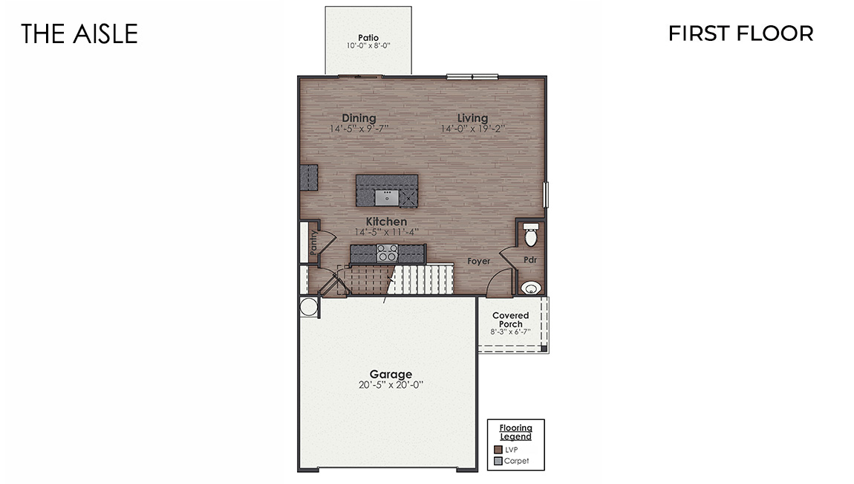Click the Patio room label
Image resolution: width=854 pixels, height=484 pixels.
(368, 37)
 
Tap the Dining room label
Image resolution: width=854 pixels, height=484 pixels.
(359, 118)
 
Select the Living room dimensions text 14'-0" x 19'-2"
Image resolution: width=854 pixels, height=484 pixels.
(473, 129)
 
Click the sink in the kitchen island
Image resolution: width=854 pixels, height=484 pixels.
(387, 196)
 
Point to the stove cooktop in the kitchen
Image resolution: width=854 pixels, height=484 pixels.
(386, 254)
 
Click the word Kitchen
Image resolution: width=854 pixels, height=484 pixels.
(386, 222)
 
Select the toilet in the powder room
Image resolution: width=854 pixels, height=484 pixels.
(530, 236)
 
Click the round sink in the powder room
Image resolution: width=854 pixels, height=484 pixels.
(530, 288)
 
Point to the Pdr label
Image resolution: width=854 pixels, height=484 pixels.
(530, 260)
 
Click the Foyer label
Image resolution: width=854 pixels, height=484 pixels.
(478, 261)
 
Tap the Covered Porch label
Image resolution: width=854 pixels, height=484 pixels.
(511, 320)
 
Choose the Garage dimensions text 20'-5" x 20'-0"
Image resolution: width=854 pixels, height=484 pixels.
(391, 385)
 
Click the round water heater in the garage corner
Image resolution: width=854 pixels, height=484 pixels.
(307, 306)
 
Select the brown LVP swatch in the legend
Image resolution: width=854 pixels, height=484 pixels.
(498, 449)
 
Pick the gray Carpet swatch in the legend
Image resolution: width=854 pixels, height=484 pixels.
(498, 461)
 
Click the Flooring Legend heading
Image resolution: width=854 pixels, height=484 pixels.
(515, 432)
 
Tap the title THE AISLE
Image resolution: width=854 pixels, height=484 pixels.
(79, 33)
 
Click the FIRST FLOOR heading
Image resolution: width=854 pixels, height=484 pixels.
(740, 33)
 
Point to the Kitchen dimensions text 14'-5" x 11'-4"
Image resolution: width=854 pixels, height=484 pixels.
(386, 232)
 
